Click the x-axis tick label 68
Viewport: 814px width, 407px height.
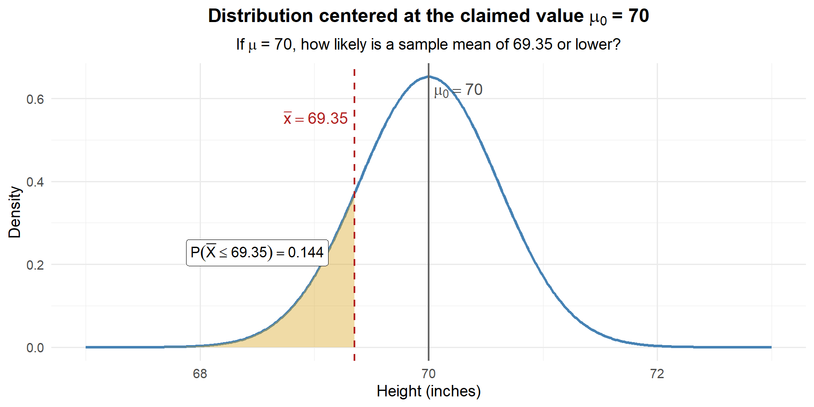click(200, 374)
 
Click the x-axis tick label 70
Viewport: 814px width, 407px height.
click(428, 374)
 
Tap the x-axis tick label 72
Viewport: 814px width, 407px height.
click(657, 374)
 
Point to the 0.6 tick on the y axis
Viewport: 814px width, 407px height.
click(35, 99)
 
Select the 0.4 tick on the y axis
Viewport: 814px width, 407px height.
click(35, 182)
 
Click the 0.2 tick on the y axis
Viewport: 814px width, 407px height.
click(35, 265)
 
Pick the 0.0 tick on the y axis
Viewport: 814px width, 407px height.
click(35, 348)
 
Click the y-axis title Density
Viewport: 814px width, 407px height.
click(14, 212)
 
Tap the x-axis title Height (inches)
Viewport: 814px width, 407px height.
click(428, 391)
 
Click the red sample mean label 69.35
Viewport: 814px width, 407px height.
click(316, 119)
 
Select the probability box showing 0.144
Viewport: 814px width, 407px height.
click(257, 253)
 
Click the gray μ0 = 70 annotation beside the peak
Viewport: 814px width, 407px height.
click(458, 90)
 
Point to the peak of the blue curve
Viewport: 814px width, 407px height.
click(429, 77)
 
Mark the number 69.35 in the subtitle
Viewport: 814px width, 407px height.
click(532, 45)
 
